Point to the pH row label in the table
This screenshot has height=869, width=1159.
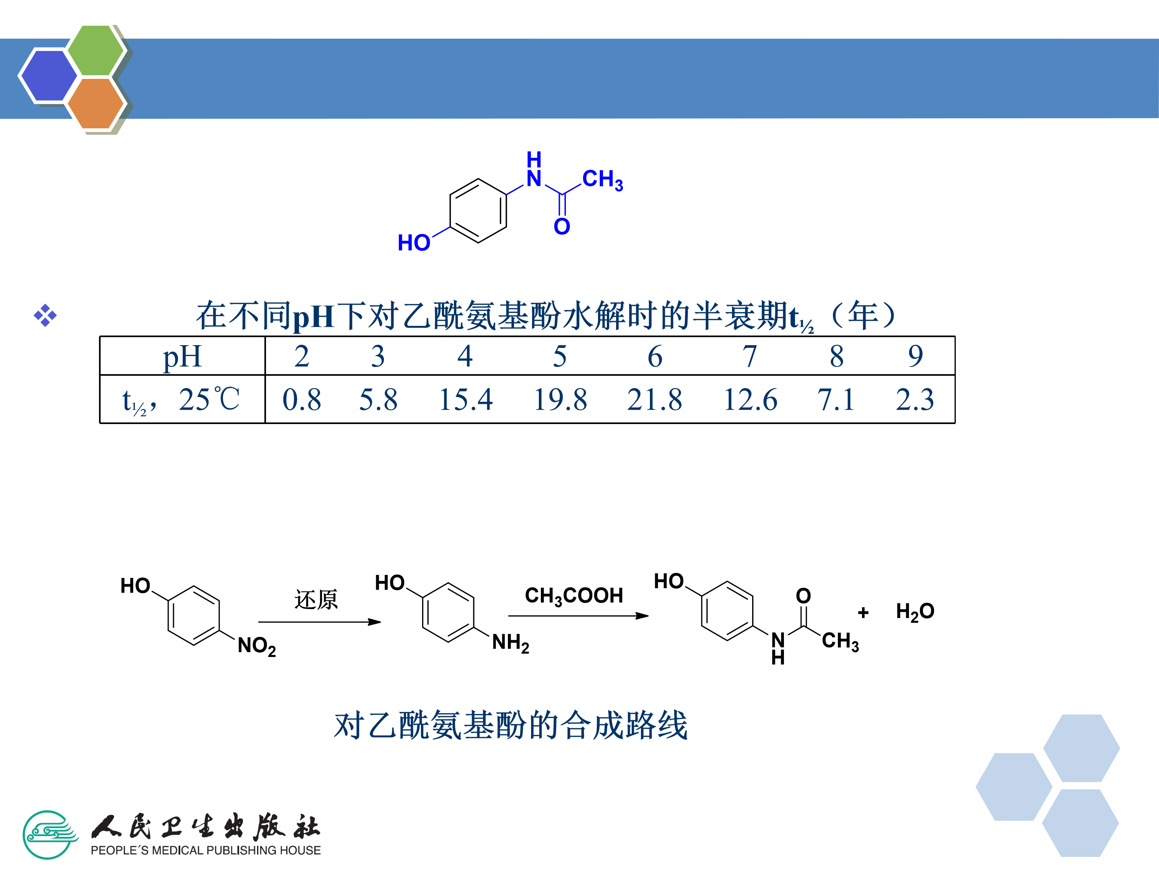point(182,357)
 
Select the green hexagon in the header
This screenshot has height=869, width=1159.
point(96,50)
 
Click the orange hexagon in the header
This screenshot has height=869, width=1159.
point(95,103)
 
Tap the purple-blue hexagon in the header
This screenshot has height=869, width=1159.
point(48,75)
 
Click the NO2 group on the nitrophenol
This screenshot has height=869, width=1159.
point(256,646)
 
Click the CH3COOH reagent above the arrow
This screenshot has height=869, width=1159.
point(574,595)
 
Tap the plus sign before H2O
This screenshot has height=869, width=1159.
point(863,612)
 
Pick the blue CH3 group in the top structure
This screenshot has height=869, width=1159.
point(602,180)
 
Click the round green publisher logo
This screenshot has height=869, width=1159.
point(48,834)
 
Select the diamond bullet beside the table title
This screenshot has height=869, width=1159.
point(45,315)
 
